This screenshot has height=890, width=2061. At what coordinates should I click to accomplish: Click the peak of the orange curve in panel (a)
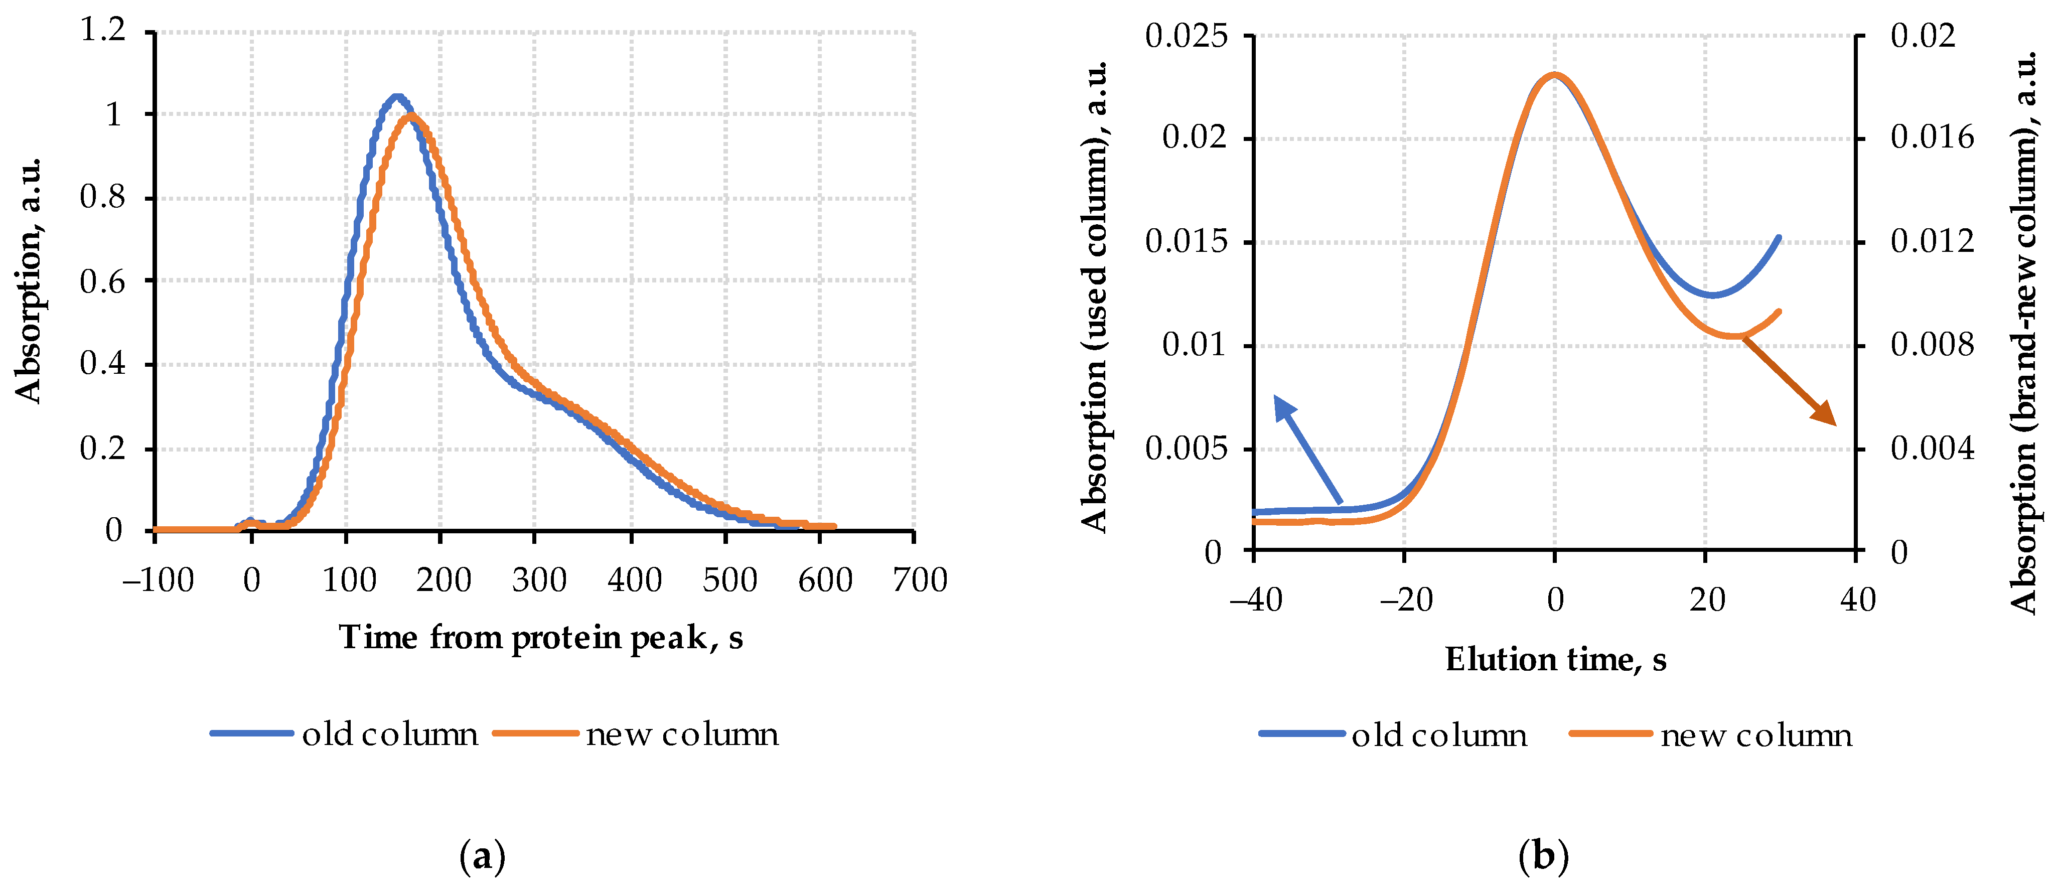[x=411, y=116]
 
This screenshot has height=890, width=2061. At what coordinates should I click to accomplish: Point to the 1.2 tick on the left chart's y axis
[x=104, y=31]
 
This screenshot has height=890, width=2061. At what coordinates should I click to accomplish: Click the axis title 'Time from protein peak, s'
[x=541, y=638]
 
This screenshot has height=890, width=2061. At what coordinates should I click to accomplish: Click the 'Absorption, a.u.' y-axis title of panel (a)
[x=29, y=280]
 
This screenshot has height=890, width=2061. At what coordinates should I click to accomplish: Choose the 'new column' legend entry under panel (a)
[x=637, y=734]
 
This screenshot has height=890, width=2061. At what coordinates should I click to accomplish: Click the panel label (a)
[x=483, y=856]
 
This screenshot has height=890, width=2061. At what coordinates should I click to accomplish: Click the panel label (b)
[x=1543, y=856]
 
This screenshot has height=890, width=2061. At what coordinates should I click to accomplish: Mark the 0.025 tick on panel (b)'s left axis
[x=1186, y=36]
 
